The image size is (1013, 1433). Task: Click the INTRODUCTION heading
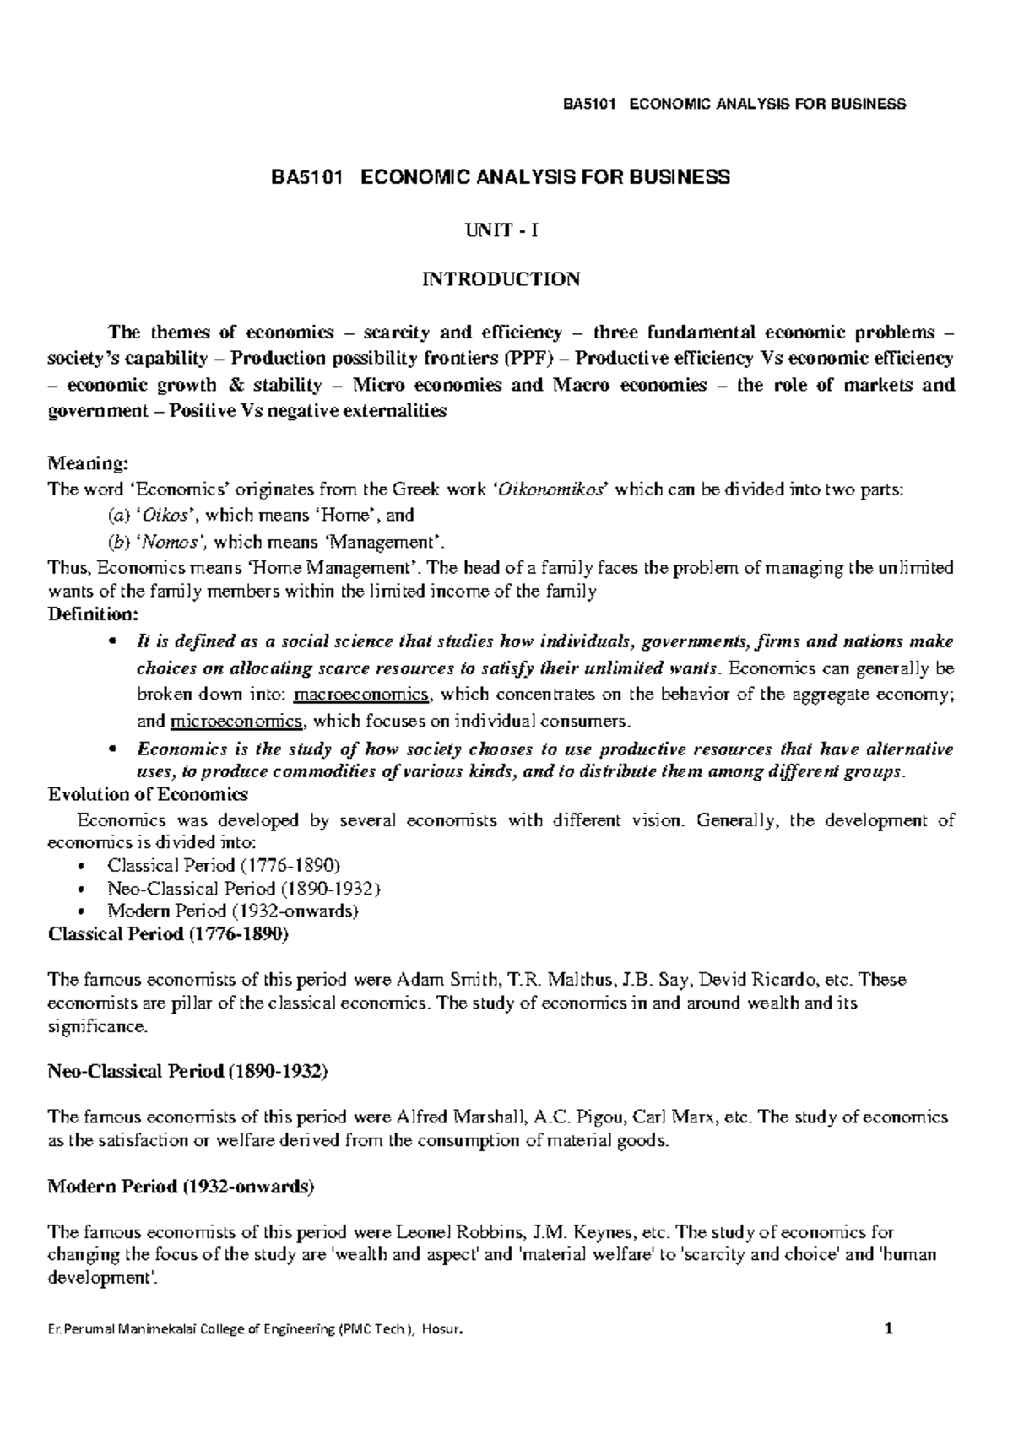click(501, 279)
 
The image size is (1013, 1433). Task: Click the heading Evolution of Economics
click(149, 794)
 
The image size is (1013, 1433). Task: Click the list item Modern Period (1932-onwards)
click(233, 911)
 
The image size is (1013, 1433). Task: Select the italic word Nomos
click(177, 540)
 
